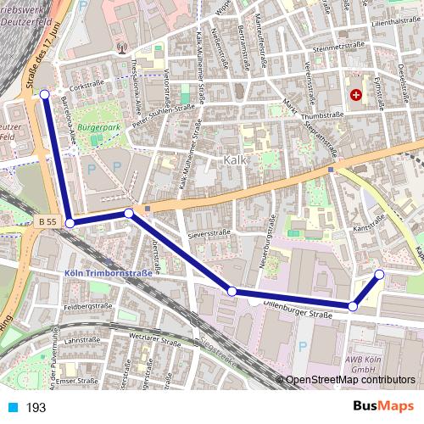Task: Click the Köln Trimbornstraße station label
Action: click(x=109, y=273)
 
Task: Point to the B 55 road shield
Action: click(x=47, y=221)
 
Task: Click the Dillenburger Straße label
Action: click(x=297, y=314)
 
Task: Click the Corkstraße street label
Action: click(x=86, y=86)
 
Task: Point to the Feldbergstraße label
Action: click(x=88, y=306)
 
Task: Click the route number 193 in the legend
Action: click(x=36, y=408)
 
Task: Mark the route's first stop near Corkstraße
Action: click(x=45, y=94)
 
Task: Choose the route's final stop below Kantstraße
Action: click(x=379, y=273)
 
